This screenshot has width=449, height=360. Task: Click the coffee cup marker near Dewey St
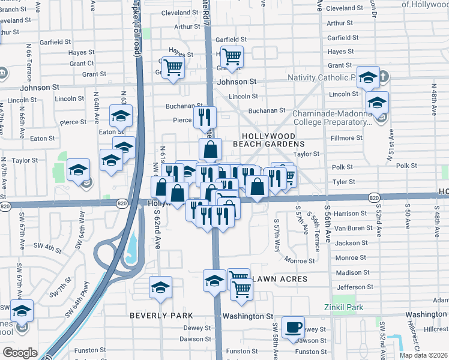(293, 328)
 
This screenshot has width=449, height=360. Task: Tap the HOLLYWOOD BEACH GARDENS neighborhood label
(273, 140)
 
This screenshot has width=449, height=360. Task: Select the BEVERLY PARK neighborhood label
(161, 316)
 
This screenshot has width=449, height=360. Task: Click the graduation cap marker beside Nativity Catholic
(368, 77)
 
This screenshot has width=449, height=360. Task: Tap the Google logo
(20, 353)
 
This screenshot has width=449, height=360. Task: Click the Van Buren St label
(349, 228)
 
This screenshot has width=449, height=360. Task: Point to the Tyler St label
(345, 182)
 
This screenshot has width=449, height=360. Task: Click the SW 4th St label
(48, 246)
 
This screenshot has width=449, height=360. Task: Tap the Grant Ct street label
(82, 63)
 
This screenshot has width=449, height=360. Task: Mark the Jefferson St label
(351, 287)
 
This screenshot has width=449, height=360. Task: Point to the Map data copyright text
(423, 355)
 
